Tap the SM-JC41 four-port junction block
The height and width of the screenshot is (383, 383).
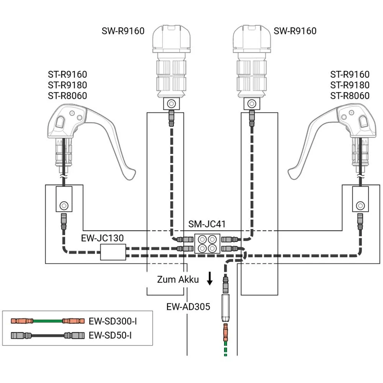[207, 244]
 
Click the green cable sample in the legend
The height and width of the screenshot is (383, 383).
[47, 321]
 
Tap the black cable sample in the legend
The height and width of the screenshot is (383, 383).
[47, 336]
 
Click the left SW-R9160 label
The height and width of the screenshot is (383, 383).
[123, 31]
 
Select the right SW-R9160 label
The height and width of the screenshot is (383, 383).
[295, 31]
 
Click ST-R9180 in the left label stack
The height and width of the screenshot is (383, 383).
[67, 85]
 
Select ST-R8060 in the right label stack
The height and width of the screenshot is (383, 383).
[350, 95]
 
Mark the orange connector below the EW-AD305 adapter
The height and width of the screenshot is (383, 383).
[226, 332]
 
